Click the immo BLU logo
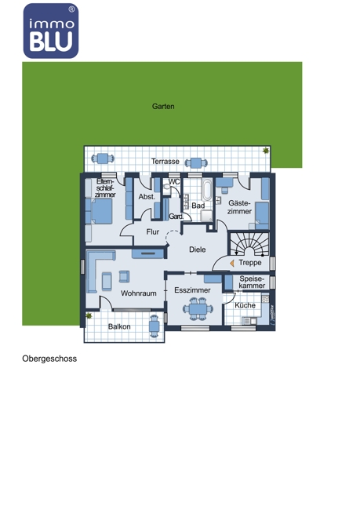click(x=51, y=31)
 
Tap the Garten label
click(x=163, y=107)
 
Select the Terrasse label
click(x=165, y=162)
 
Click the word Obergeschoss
click(x=49, y=359)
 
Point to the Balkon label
click(x=119, y=326)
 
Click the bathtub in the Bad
click(x=207, y=190)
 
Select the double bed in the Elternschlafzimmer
click(x=99, y=211)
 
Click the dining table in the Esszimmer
click(x=198, y=308)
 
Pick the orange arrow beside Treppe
click(x=232, y=264)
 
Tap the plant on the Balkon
click(x=89, y=315)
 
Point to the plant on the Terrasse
click(x=266, y=151)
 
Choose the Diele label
click(x=198, y=250)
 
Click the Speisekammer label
click(x=252, y=282)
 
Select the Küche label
click(x=245, y=305)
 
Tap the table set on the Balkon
click(x=155, y=326)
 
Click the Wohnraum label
click(x=139, y=293)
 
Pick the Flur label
click(x=152, y=232)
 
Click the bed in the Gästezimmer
click(x=262, y=216)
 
